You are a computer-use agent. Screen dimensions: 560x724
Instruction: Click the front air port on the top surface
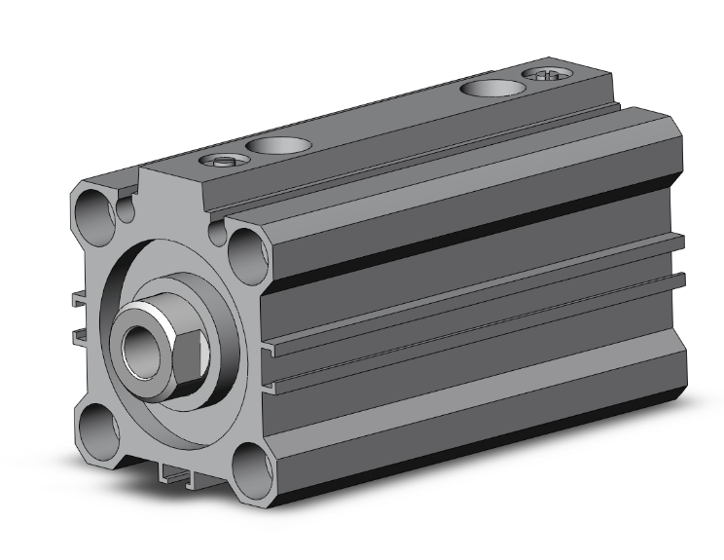click(x=279, y=146)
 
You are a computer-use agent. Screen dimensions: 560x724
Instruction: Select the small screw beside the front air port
click(x=221, y=161)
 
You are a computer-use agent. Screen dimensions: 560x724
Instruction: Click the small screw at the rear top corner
click(x=547, y=75)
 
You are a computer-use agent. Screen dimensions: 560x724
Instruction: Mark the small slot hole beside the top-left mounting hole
click(x=124, y=206)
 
